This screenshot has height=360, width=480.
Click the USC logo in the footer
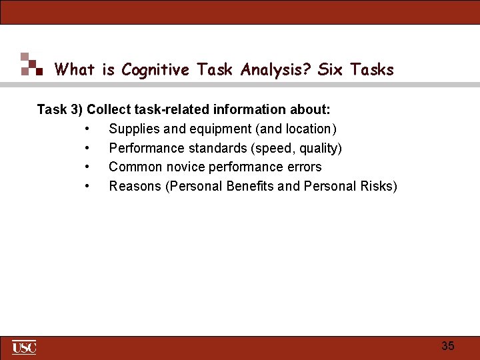[24, 347]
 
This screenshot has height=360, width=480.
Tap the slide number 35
[448, 346]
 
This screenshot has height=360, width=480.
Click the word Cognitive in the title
[155, 69]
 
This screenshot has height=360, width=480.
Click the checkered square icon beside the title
[31, 64]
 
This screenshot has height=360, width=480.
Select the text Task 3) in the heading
[60, 109]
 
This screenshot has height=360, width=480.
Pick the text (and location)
[296, 129]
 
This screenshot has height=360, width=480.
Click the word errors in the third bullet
[304, 167]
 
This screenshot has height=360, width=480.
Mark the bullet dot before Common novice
[87, 167]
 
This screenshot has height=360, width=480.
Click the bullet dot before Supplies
[87, 129]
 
